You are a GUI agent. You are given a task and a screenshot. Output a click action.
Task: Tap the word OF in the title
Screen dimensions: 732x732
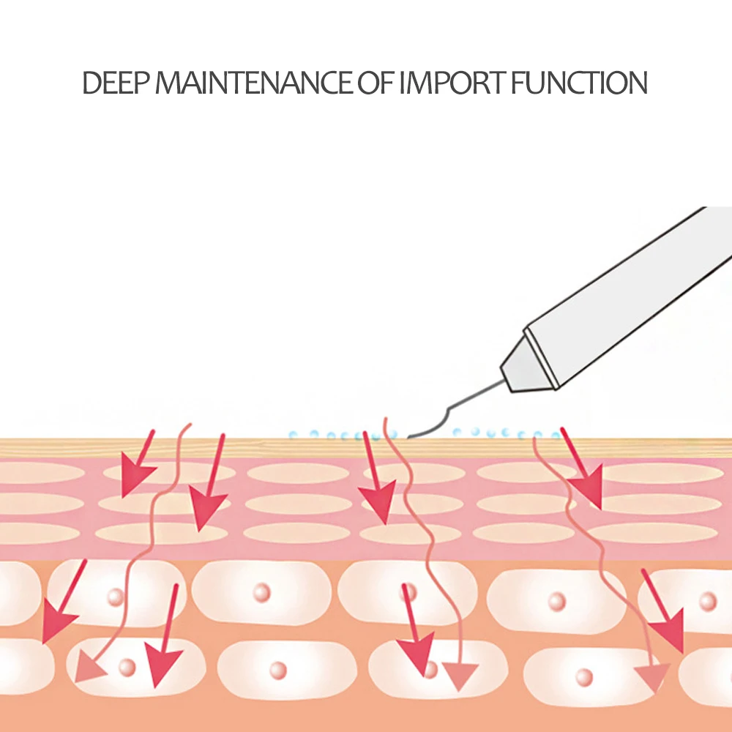375,83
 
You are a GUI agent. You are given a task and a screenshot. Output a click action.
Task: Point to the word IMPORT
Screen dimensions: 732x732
452,83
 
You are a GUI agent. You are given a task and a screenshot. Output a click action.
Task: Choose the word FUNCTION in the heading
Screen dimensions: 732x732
579,83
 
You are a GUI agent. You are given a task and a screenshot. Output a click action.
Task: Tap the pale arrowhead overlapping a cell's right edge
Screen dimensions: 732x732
651,673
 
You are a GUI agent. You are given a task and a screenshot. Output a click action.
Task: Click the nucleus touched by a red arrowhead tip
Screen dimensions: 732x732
430,670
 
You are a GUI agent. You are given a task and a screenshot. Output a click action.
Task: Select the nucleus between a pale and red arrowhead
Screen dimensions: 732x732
127,667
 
